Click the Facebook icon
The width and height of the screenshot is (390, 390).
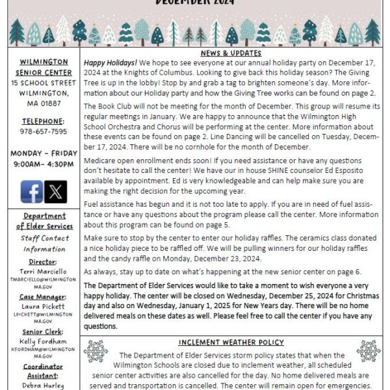(32, 191)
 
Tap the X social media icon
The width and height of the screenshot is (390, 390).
(56, 191)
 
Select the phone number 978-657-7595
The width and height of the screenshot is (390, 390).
(44, 131)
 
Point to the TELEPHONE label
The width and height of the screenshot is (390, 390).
(44, 121)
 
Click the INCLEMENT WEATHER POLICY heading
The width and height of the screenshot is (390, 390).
(231, 343)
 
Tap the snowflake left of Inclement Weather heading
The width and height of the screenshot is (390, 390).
(96, 351)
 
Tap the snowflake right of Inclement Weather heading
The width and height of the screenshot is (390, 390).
(368, 351)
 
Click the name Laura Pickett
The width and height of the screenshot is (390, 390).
(44, 305)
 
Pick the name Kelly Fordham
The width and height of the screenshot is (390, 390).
(44, 341)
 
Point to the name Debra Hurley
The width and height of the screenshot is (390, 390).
(44, 385)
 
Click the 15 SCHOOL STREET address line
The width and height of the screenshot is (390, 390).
(44, 83)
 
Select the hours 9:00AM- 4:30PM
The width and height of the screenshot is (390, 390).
(44, 164)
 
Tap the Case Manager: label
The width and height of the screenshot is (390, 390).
(44, 296)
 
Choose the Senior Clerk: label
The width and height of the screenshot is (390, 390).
(44, 331)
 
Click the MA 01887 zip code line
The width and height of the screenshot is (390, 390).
(44, 102)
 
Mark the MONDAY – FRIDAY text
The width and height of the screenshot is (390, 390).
(44, 154)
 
